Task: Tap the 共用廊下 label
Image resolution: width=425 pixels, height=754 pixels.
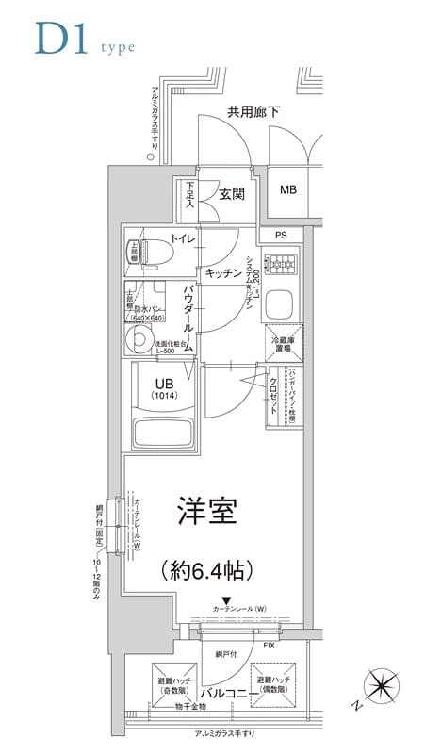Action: click(253, 112)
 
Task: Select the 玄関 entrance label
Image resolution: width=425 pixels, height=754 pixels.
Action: click(232, 195)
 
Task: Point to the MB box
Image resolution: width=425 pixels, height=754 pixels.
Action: click(288, 190)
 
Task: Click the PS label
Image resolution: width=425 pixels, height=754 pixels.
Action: click(281, 235)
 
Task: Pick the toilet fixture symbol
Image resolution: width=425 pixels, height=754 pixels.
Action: click(153, 253)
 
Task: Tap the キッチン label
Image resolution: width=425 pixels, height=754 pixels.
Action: click(223, 272)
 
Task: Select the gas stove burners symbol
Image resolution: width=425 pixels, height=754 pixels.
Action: click(280, 265)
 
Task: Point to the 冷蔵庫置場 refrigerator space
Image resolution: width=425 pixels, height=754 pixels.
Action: click(286, 343)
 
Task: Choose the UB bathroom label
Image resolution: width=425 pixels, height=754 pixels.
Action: click(163, 383)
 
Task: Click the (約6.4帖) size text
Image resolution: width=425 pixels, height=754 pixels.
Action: click(207, 570)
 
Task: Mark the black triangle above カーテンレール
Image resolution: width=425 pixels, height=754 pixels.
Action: click(226, 599)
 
